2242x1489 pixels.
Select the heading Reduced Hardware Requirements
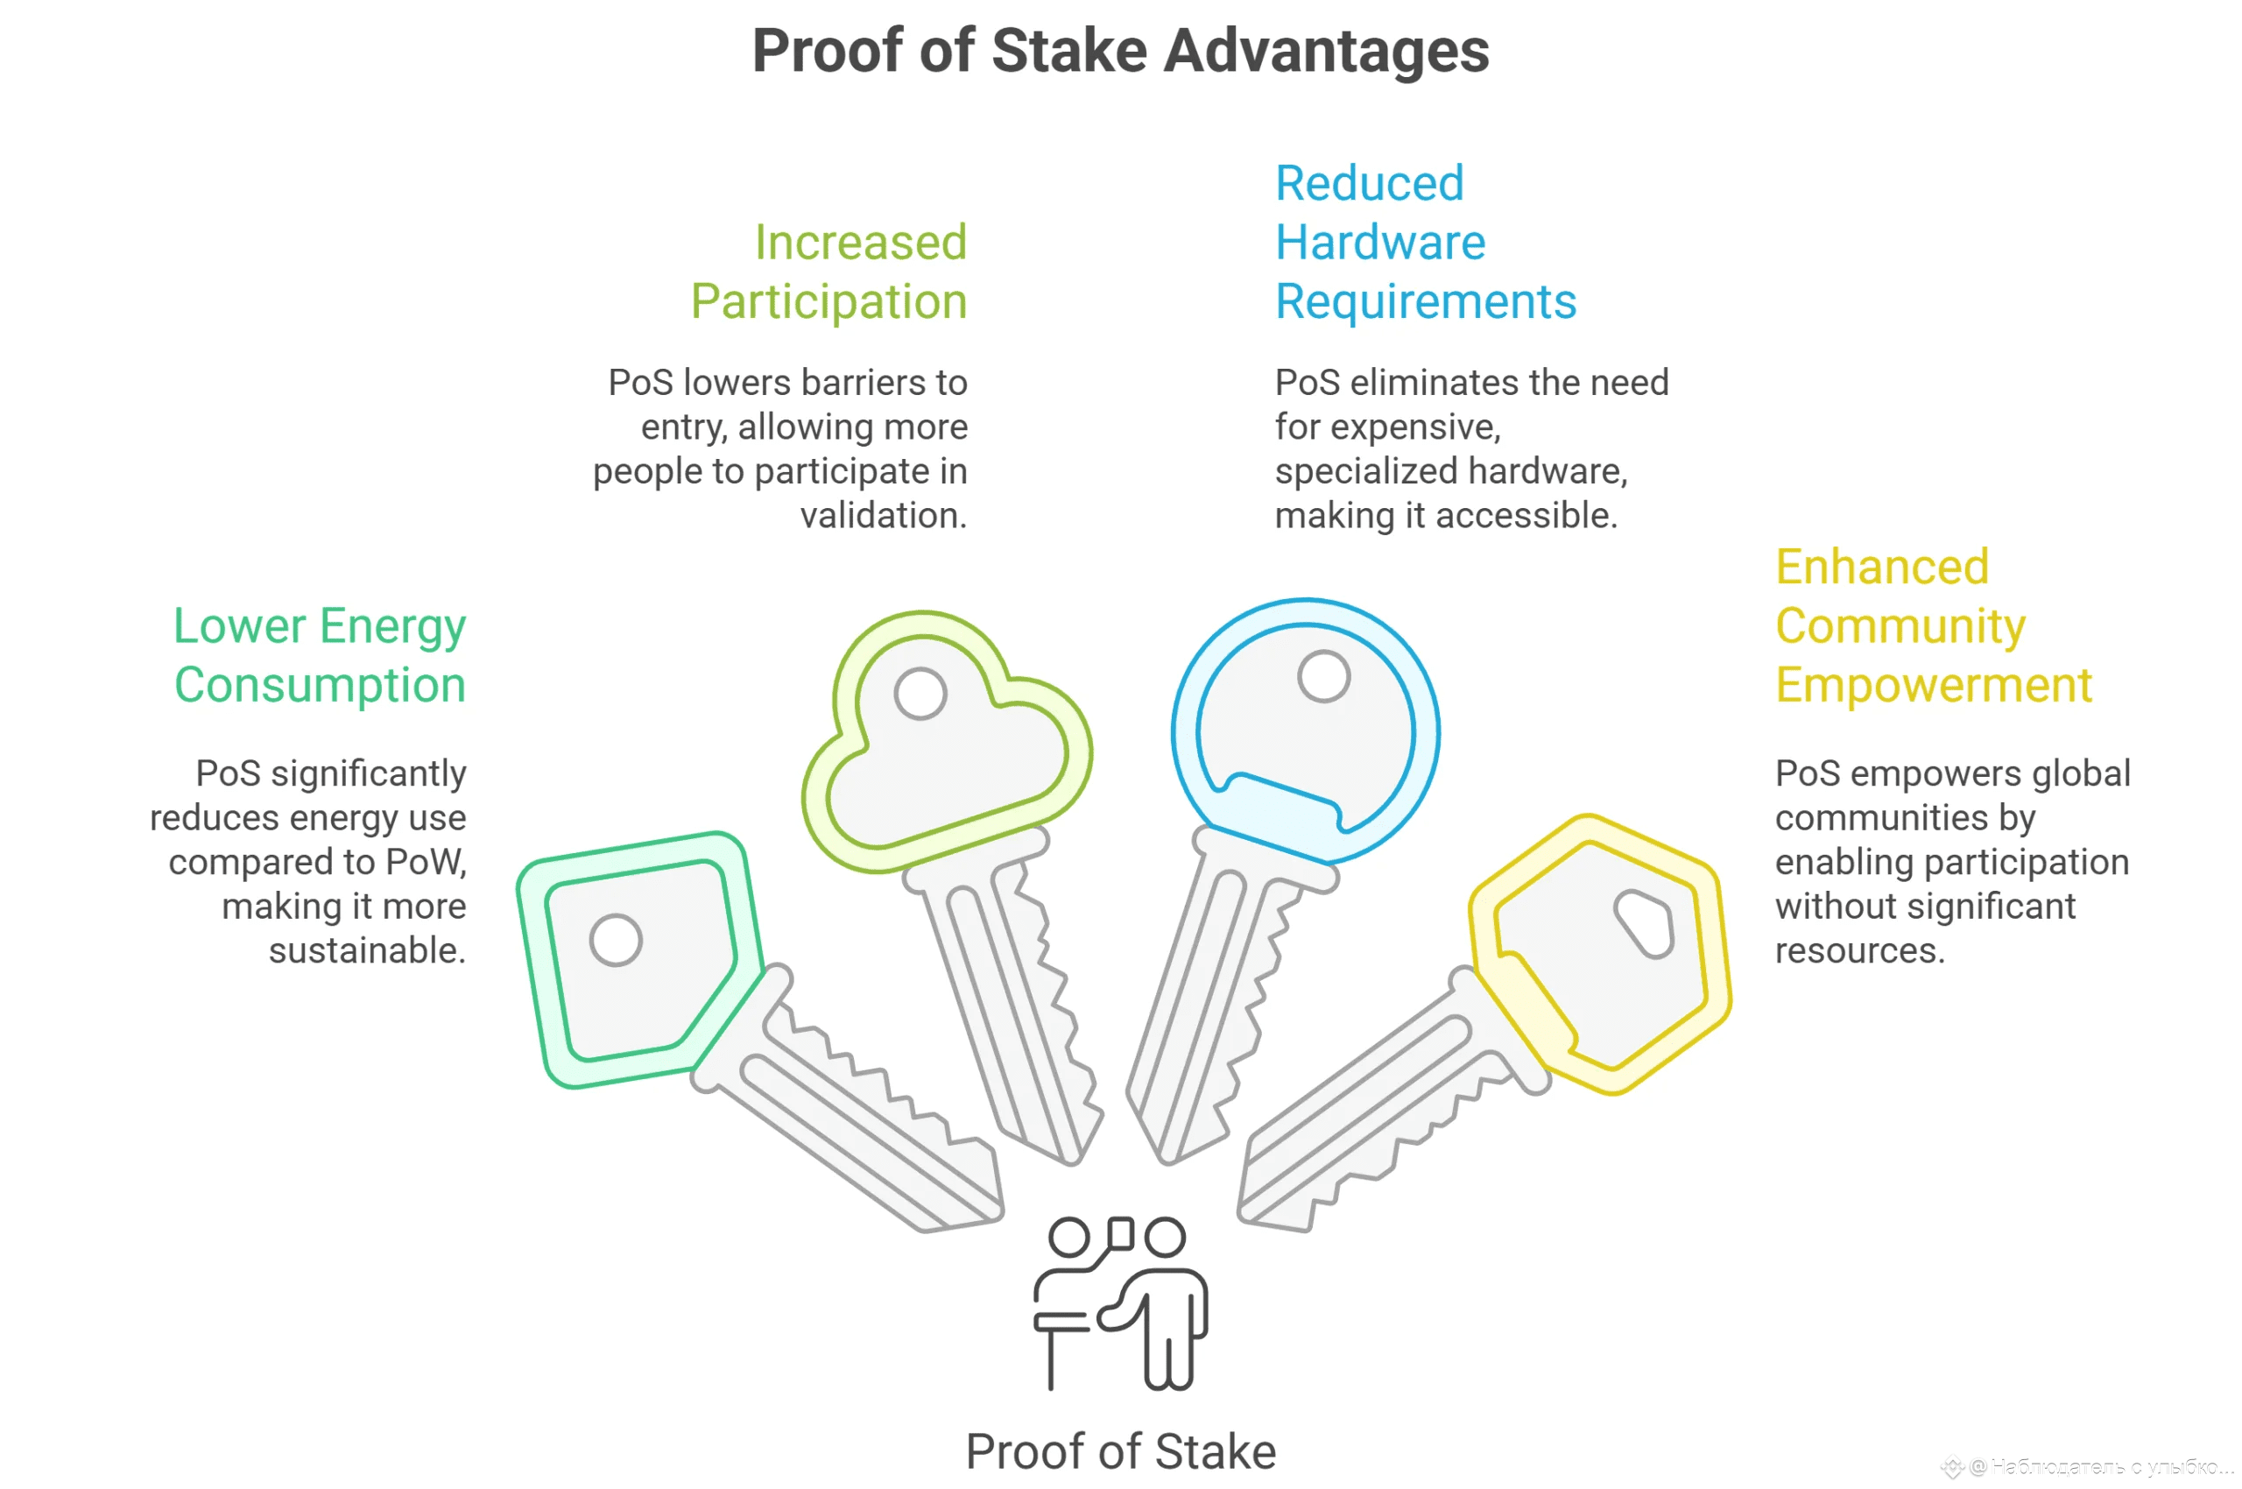point(1424,242)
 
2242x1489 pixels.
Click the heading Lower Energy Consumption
point(319,655)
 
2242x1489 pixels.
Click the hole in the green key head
point(616,940)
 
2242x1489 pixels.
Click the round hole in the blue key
point(1323,677)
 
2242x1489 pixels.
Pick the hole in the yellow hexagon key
point(1645,923)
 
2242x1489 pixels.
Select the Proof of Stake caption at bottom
point(1120,1451)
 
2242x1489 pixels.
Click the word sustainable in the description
point(367,950)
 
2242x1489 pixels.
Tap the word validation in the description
point(883,516)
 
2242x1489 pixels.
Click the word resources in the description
point(1859,950)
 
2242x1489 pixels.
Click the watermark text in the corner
point(2098,1466)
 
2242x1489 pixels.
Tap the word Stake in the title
point(1069,52)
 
